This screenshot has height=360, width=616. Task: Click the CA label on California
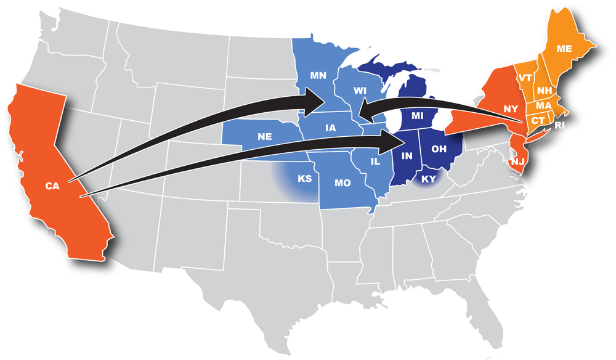52,185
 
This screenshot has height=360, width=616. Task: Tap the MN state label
318,76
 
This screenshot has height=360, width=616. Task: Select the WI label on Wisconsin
360,90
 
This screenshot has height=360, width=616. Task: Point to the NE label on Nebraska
266,136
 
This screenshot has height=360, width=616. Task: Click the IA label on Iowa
330,128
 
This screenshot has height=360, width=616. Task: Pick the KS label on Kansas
304,179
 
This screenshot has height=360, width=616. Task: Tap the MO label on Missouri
342,183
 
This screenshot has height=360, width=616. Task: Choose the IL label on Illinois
376,161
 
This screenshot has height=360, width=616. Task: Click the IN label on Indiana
407,155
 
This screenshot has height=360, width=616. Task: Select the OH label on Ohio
439,148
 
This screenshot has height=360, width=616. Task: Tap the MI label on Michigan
418,115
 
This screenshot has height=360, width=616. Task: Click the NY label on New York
510,108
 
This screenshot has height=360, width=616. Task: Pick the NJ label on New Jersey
516,162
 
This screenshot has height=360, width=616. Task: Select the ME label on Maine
564,48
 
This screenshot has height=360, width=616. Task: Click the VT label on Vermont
525,78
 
